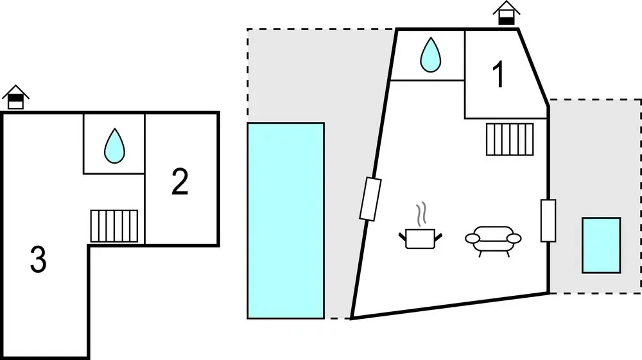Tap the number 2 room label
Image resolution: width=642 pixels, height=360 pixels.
(x=180, y=183)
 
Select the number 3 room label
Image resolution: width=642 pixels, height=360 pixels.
(x=39, y=261)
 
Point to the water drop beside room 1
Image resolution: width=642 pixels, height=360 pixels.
(x=430, y=55)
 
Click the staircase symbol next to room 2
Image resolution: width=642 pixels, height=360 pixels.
(x=114, y=226)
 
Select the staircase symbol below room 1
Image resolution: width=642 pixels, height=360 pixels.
(x=510, y=139)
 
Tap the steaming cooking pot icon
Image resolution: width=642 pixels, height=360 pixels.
(x=420, y=237)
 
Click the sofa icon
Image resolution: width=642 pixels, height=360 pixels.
(x=493, y=239)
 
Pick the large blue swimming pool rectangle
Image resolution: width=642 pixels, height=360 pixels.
(x=286, y=220)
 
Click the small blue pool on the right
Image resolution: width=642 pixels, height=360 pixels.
(x=602, y=245)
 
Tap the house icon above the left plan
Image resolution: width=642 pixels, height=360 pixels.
(x=16, y=98)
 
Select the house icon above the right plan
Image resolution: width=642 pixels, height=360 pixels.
(x=507, y=13)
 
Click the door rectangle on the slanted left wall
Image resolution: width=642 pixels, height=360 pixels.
(x=371, y=200)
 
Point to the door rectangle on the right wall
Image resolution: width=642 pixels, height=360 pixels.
(x=548, y=221)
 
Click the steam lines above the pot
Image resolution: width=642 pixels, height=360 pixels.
(x=421, y=215)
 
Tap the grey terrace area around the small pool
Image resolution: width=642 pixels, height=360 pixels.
(x=594, y=160)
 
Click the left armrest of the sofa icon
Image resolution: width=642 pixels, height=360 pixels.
(x=472, y=239)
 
